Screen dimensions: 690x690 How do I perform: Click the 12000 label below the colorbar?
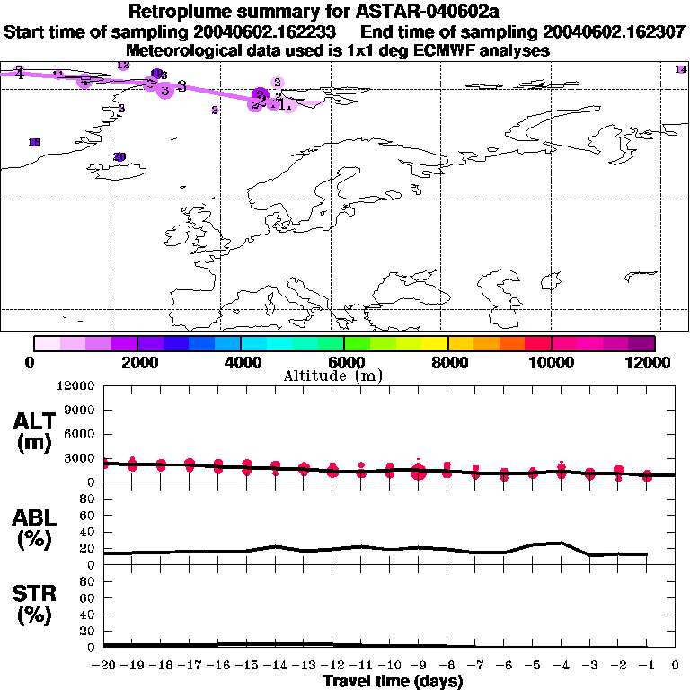point(653,362)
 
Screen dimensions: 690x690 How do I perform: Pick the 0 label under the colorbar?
point(31,362)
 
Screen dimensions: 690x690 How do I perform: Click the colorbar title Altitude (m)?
point(333,376)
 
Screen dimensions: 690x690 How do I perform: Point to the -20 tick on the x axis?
point(103,666)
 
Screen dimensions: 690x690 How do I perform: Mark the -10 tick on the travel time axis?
point(389,666)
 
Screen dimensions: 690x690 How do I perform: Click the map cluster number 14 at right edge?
point(680,69)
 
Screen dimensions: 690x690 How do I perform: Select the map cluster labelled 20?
point(119,156)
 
